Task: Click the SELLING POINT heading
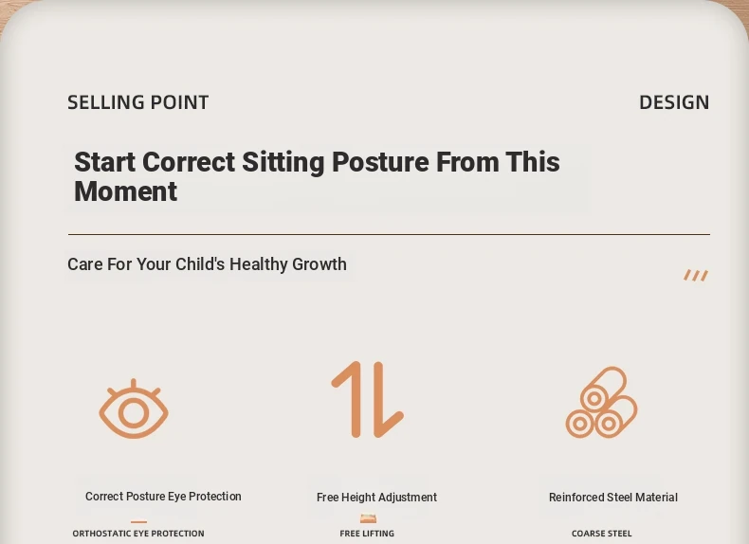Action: pyautogui.click(x=138, y=102)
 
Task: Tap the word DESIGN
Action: pyautogui.click(x=674, y=102)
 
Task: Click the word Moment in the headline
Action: pyautogui.click(x=126, y=191)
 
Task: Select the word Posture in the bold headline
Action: pyautogui.click(x=380, y=162)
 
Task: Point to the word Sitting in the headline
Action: pyautogui.click(x=283, y=163)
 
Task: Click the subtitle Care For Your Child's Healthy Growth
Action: pyautogui.click(x=207, y=264)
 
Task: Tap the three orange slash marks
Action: pyautogui.click(x=696, y=275)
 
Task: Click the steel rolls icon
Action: pyautogui.click(x=601, y=402)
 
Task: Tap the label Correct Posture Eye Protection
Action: pyautogui.click(x=163, y=497)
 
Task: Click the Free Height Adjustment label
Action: pyautogui.click(x=377, y=498)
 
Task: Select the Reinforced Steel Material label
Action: pyautogui.click(x=613, y=498)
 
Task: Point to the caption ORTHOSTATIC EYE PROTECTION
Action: pyautogui.click(x=138, y=533)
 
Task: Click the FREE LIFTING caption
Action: pyautogui.click(x=367, y=533)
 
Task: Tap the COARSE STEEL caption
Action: pyautogui.click(x=602, y=533)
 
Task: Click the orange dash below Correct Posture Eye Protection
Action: pyautogui.click(x=138, y=522)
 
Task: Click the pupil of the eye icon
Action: pyautogui.click(x=134, y=413)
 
